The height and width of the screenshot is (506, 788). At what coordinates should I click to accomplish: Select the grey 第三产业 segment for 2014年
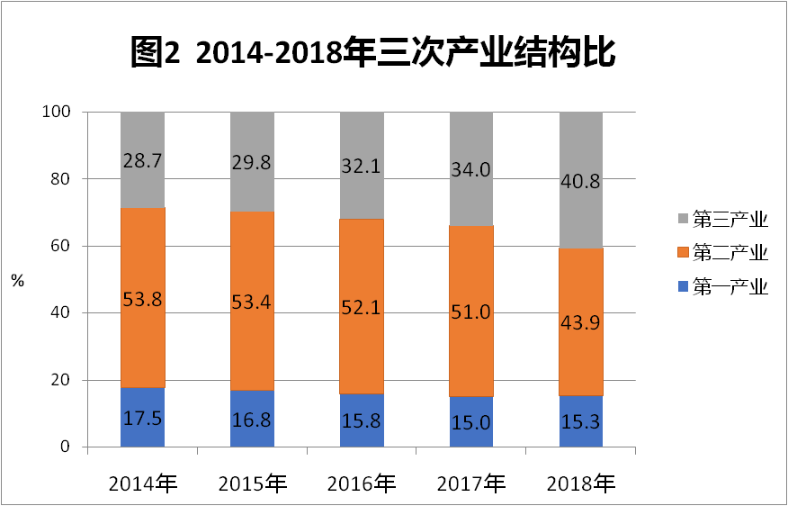coord(142,180)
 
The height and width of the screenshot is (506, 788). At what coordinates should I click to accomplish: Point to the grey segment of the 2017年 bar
coord(471,194)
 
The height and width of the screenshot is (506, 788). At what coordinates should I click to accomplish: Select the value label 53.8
coord(142,299)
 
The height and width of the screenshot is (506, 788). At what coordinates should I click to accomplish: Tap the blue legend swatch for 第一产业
coord(684,287)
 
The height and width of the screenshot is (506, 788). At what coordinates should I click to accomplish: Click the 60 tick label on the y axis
coord(60,246)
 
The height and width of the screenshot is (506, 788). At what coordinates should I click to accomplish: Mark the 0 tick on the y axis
coord(65,447)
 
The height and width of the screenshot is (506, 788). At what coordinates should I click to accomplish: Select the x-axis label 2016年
coord(362,483)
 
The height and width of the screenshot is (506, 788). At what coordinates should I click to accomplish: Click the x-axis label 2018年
coord(581,483)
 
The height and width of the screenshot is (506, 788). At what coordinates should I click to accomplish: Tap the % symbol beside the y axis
coord(18,280)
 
